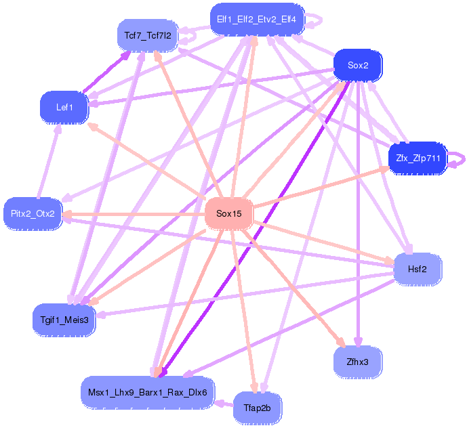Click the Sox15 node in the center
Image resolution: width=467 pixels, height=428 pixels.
229,214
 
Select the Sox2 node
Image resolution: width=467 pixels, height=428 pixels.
358,66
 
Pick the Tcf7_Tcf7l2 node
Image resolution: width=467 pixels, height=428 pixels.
148,35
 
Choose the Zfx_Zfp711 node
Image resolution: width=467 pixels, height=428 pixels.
418,158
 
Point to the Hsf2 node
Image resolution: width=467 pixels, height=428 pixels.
418,270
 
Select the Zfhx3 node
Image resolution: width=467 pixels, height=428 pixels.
357,362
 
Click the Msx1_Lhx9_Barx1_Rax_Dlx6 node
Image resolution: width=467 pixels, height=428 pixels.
148,391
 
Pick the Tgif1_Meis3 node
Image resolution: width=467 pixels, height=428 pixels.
64,319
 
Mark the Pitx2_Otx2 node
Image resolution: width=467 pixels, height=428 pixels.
33,214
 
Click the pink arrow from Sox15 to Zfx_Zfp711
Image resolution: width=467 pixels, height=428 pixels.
319,187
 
